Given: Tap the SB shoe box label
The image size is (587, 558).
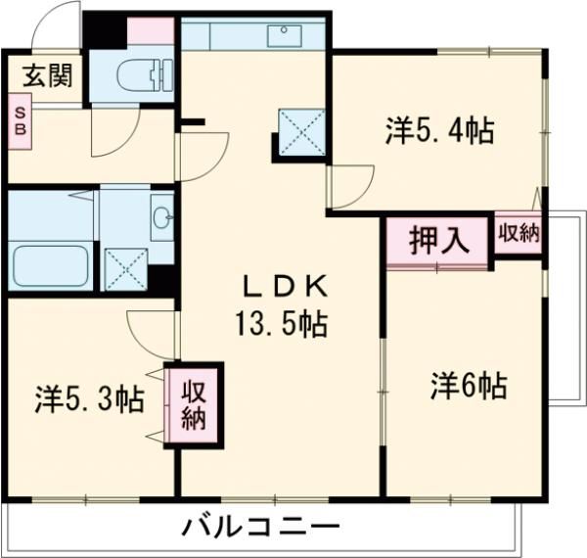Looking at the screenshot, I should tap(20, 121).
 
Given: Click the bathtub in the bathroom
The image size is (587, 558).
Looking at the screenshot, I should tap(50, 265).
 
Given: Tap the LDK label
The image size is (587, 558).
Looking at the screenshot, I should tap(278, 288).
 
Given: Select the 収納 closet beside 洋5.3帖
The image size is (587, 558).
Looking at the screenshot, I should tap(194, 404).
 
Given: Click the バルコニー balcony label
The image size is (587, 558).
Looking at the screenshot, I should tap(260, 528).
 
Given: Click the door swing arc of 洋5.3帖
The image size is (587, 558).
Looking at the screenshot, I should tap(149, 331).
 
